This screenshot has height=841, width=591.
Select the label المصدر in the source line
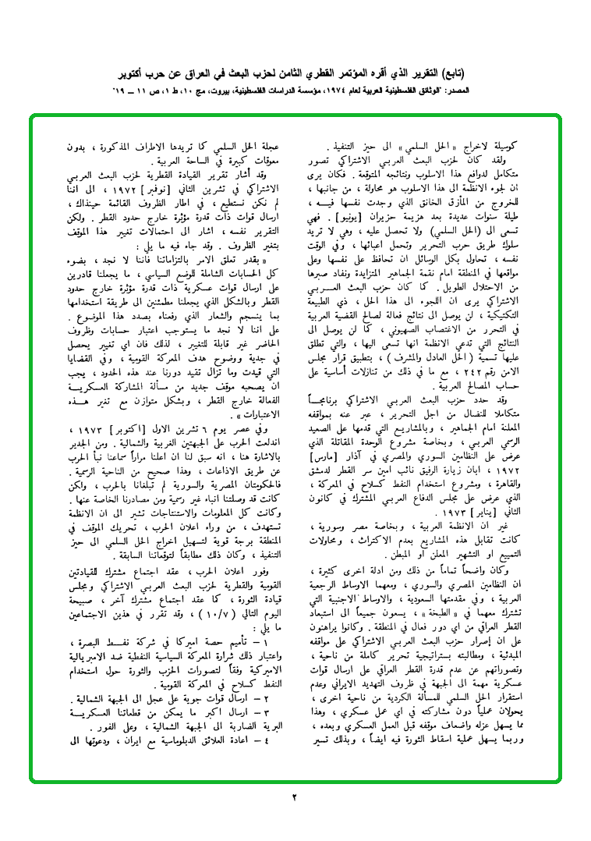coord(514,90)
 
